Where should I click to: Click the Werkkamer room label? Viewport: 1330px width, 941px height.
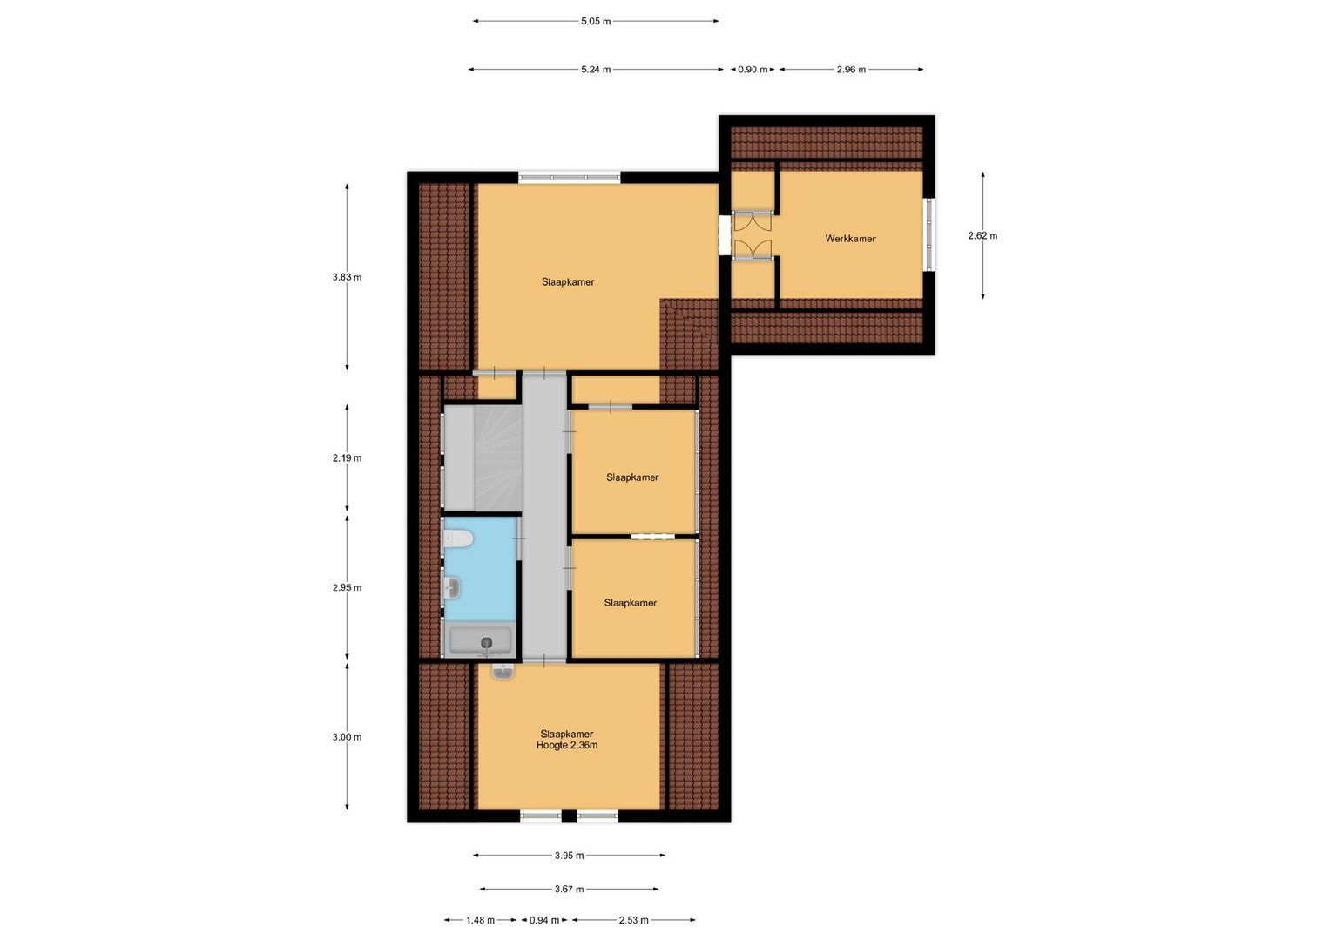850,239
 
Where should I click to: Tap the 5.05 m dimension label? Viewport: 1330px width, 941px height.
596,22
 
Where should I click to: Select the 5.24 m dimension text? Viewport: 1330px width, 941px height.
596,70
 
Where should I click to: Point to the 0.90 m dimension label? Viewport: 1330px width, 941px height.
753,70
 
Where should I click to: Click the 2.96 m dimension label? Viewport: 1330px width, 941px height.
851,70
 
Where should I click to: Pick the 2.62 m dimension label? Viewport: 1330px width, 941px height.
982,236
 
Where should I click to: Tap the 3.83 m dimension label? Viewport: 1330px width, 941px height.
347,278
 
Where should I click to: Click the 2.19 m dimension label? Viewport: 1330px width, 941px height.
347,458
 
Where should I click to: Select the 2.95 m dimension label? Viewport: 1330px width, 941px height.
347,588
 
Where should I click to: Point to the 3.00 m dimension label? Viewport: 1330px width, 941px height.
347,737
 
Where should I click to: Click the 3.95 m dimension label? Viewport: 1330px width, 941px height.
569,856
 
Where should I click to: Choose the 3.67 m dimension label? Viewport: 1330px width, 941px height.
569,890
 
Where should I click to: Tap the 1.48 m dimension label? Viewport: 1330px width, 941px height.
480,920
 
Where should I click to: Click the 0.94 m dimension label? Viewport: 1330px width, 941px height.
544,920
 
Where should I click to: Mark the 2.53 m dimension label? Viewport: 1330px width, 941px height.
633,920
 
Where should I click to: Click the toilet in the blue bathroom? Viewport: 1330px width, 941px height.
458,539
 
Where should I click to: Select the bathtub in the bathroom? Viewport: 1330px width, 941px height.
479,640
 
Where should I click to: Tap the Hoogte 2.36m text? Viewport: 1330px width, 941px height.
567,746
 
